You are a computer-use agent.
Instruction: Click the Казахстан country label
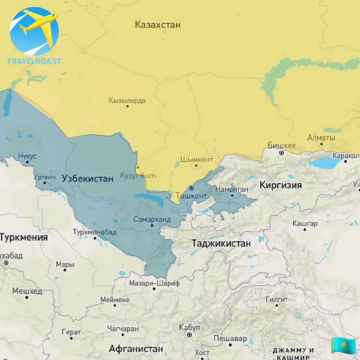coord(157,25)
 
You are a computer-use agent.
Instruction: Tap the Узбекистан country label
coord(87,179)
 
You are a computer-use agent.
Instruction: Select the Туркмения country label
coord(24,237)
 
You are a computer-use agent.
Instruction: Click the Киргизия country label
coord(280,186)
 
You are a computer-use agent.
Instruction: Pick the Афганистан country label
coord(136,348)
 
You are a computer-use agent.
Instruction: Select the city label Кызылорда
coord(127,101)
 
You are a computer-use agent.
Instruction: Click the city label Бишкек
coord(281,145)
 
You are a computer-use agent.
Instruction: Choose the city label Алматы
coord(321,138)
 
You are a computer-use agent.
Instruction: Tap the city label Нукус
coord(27,156)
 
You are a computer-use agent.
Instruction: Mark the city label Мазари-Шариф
coord(152,282)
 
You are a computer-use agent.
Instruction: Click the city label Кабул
coord(189,327)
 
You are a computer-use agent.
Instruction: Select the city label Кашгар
coord(305,224)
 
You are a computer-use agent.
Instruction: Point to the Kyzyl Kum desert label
coord(138,176)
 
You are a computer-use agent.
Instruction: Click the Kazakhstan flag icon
coord(341,344)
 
